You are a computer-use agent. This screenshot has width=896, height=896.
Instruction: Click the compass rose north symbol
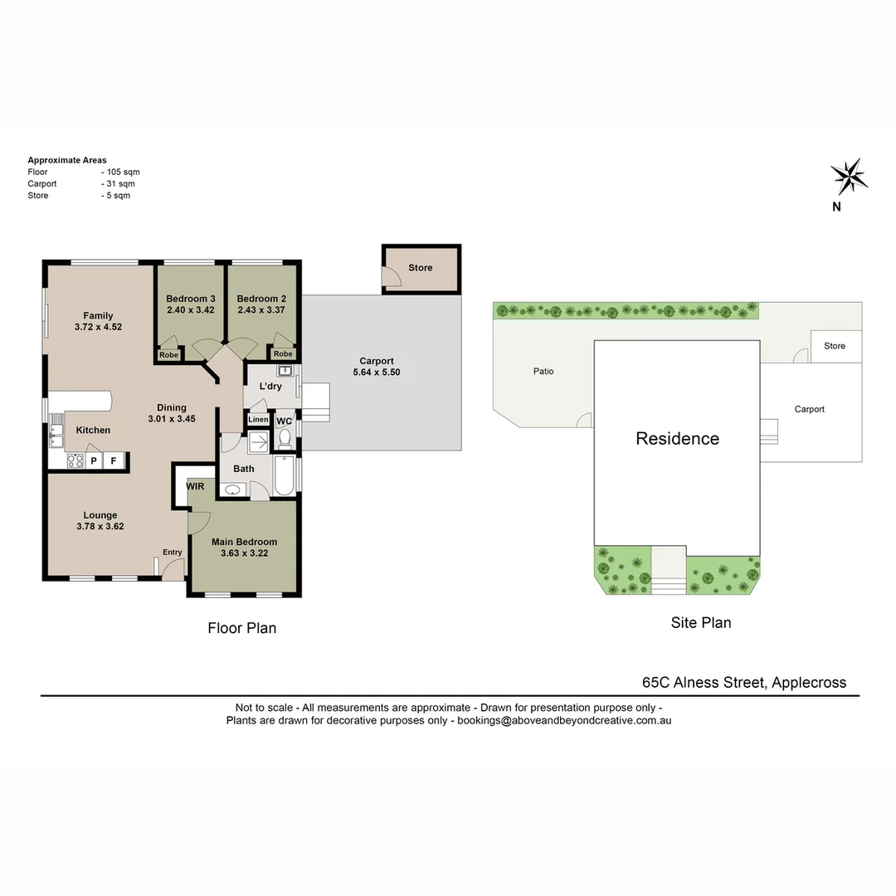(848, 176)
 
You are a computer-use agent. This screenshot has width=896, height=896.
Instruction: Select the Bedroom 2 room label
(261, 299)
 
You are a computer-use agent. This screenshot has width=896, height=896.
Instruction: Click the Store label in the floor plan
(421, 268)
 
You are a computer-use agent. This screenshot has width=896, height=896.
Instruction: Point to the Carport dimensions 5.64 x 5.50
(376, 373)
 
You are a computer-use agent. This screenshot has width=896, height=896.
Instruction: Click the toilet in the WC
(285, 437)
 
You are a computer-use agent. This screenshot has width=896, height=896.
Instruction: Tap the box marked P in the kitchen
(94, 460)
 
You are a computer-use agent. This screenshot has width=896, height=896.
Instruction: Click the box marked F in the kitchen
(114, 460)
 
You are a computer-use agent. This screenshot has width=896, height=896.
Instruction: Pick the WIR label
(195, 486)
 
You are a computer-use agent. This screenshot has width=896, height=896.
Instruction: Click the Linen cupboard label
(258, 420)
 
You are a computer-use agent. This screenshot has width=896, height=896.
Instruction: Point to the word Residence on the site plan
(677, 439)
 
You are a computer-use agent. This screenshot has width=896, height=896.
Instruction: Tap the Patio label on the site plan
(543, 371)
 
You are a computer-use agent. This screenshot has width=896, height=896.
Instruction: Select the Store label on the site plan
(835, 346)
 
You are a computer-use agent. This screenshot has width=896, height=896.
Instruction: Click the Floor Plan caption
(241, 628)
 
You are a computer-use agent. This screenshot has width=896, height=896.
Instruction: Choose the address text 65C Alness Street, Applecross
(744, 683)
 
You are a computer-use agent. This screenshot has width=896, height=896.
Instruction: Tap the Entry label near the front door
(172, 553)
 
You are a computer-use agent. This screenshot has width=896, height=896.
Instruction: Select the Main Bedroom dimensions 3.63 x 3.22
(244, 553)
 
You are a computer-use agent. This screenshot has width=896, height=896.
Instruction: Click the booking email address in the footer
(564, 721)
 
